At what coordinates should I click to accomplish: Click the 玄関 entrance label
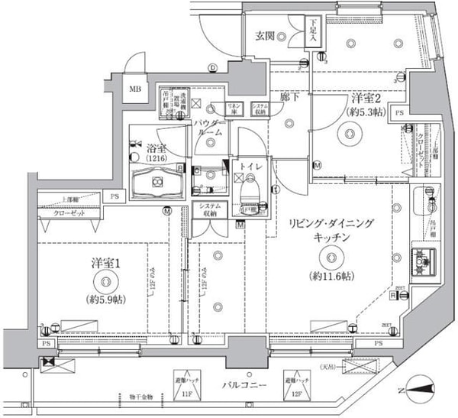(x=265, y=35)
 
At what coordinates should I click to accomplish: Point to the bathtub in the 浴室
(x=157, y=182)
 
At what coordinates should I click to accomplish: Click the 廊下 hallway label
(x=287, y=99)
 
